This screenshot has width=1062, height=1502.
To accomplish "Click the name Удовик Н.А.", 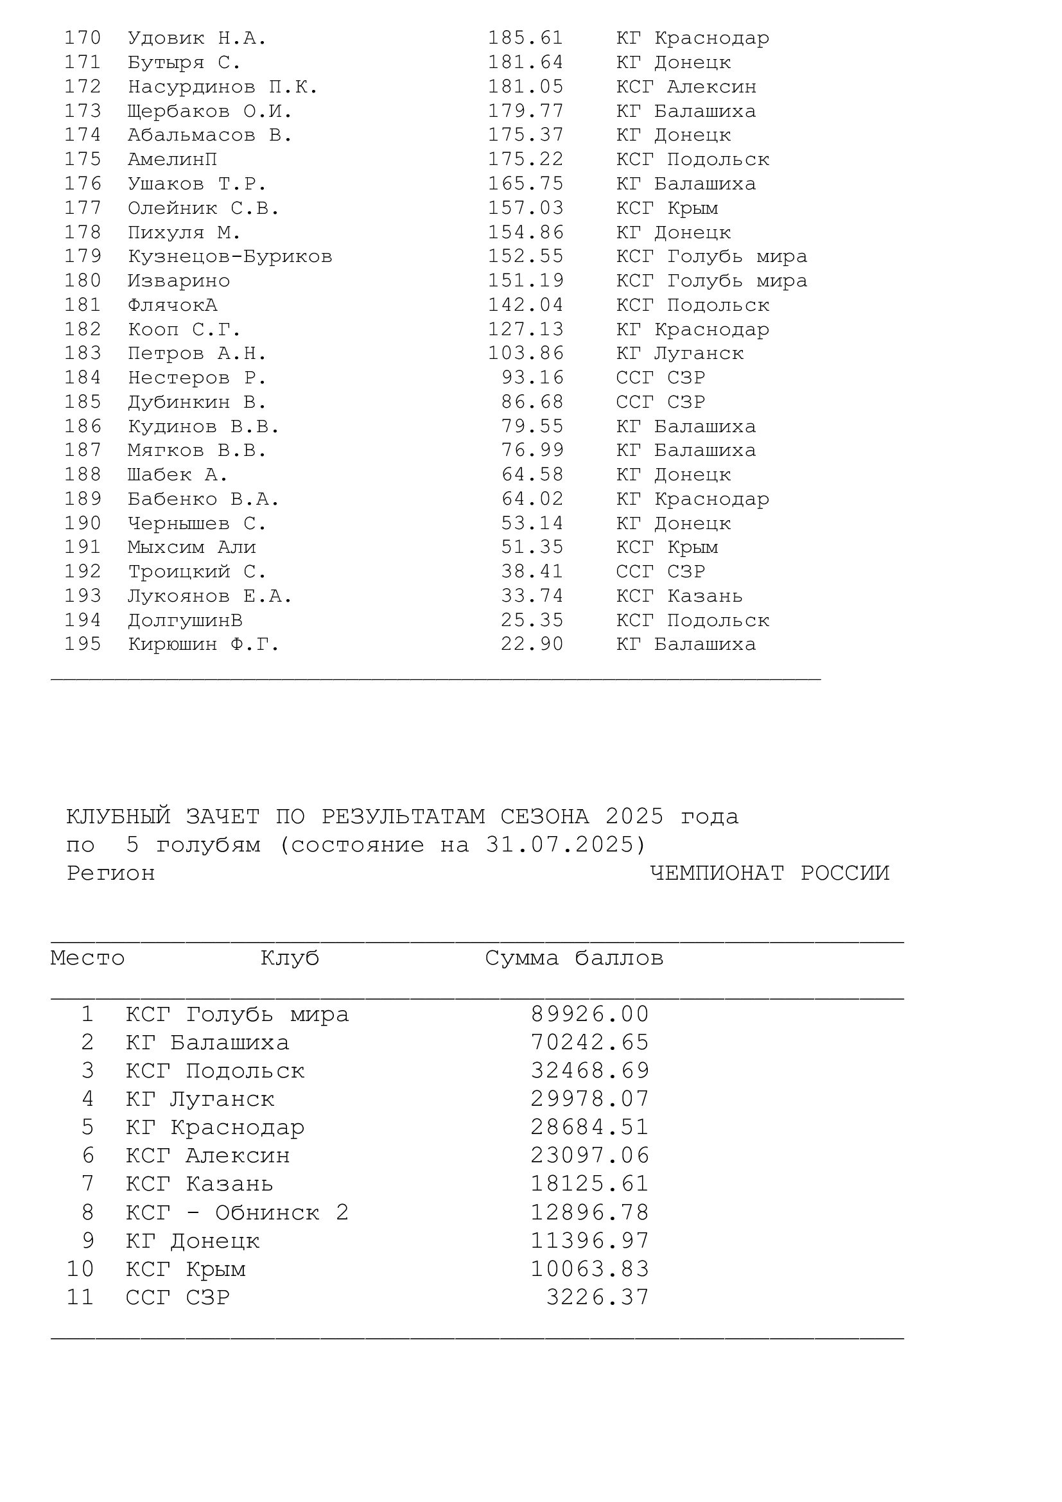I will [x=197, y=39].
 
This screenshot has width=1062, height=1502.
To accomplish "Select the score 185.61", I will [x=525, y=39].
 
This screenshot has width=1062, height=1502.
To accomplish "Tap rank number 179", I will [x=82, y=256].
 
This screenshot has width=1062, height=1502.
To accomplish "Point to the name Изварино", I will [x=178, y=281].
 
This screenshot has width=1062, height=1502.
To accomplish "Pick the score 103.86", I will [x=525, y=354].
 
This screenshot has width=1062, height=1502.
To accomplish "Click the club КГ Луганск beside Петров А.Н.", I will [x=679, y=354].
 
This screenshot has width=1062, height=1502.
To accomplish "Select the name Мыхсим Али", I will [x=191, y=548].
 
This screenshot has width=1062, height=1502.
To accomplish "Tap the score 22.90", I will [x=532, y=644].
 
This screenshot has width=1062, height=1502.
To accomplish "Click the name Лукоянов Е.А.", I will [x=209, y=596].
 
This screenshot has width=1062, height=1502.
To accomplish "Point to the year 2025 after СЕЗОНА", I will [x=634, y=816].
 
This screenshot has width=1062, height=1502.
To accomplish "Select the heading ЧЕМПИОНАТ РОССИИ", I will [x=769, y=873].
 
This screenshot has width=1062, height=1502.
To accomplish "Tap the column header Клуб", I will [x=290, y=958].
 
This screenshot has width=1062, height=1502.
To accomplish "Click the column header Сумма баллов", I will [x=573, y=958].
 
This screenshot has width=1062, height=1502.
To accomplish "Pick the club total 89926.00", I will [x=589, y=1015].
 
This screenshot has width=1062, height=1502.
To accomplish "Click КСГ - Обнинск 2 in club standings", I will [x=237, y=1213].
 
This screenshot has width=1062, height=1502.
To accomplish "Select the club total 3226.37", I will [x=597, y=1297].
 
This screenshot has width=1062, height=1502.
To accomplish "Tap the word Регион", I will [x=110, y=874].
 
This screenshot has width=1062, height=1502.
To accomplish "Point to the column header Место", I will [x=87, y=958].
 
